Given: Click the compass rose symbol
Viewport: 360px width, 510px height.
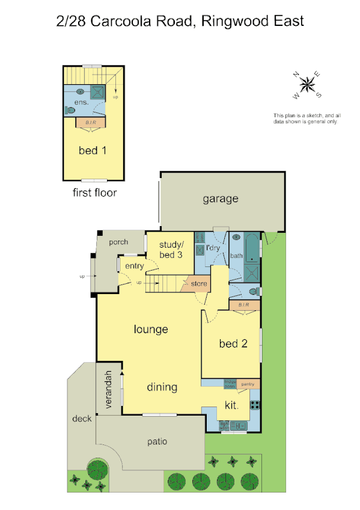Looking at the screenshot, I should [308, 85].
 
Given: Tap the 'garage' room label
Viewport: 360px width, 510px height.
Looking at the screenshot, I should [220, 199].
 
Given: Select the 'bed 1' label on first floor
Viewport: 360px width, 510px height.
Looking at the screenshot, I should [93, 150].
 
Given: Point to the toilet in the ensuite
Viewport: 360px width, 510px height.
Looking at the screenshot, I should [70, 110].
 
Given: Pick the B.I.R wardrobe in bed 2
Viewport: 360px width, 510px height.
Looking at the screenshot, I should [243, 306].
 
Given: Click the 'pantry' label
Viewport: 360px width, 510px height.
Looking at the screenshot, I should [246, 382].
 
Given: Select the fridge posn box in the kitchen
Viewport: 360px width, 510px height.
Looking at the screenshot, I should [230, 382].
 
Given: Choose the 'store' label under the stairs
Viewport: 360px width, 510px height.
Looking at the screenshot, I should [199, 283].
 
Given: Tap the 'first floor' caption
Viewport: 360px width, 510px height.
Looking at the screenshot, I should [94, 193].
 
